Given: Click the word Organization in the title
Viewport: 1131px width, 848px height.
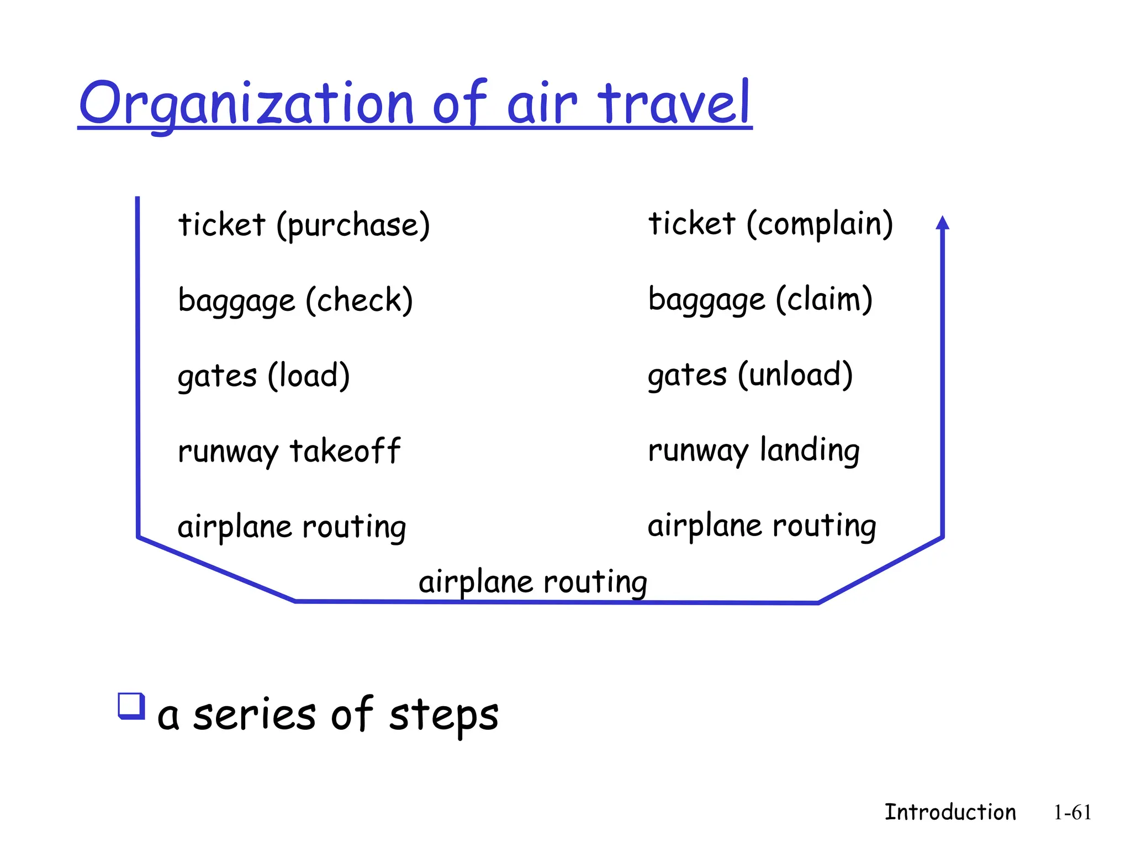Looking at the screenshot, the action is point(246,104).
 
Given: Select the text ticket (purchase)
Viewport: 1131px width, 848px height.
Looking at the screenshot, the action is point(304,225).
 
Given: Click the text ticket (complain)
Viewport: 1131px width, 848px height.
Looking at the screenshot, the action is point(770,224).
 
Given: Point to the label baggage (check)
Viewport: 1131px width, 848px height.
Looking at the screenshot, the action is point(295,300).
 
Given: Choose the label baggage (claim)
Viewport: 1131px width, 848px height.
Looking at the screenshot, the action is point(760,299).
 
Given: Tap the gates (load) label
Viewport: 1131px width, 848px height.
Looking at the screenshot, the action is point(263,376).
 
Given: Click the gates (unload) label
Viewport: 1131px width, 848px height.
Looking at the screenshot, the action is point(750,375).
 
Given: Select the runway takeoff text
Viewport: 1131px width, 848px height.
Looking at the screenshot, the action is point(289,451).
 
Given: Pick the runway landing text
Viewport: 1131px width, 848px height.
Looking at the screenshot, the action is point(754,450).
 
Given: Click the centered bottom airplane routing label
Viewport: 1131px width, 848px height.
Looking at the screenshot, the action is point(533,582).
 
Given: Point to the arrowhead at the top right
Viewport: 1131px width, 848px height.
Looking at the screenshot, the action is point(943,223).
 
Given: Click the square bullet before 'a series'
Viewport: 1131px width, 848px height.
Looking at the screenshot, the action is point(131,706).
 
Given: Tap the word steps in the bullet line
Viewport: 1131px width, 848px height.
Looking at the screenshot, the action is point(443,715).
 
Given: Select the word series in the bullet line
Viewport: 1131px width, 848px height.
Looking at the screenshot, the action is point(254,714).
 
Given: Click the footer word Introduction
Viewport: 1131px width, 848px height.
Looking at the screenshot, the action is point(950,812).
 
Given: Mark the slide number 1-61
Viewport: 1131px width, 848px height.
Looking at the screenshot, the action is point(1072,813).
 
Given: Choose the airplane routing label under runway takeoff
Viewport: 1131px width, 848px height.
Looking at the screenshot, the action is point(292,527).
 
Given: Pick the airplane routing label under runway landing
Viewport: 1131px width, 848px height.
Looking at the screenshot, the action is point(762,526).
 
